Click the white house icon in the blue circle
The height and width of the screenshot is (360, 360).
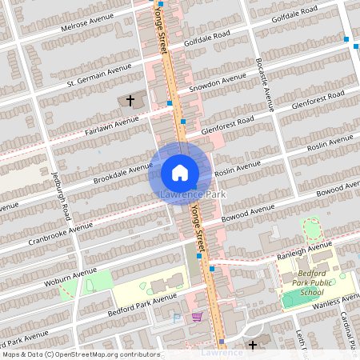pyautogui.click(x=180, y=172)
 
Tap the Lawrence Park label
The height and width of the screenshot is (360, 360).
pyautogui.click(x=193, y=194)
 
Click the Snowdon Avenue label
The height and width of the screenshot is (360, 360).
pyautogui.click(x=217, y=83)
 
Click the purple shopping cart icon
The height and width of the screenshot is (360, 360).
pyautogui.click(x=196, y=317)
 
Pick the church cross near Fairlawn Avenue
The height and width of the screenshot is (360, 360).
pyautogui.click(x=131, y=101)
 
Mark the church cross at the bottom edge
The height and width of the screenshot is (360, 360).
pyautogui.click(x=253, y=345)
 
